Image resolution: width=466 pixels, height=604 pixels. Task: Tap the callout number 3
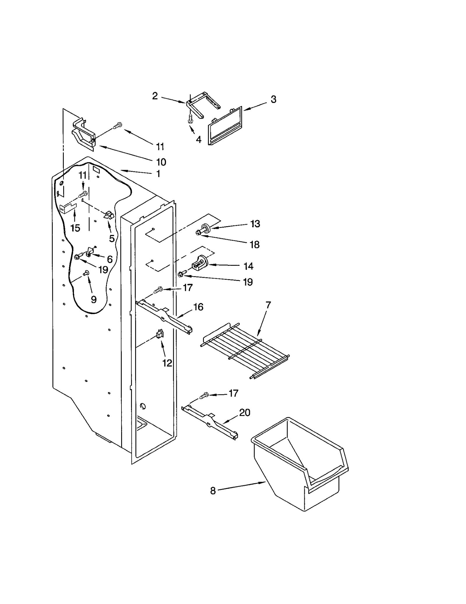pyautogui.click(x=273, y=99)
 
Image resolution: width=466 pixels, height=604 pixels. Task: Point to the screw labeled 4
pyautogui.click(x=191, y=119)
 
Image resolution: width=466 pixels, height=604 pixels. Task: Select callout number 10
pyautogui.click(x=161, y=162)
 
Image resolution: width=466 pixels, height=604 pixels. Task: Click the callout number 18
pyautogui.click(x=255, y=245)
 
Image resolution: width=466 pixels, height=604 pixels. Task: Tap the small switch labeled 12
pyautogui.click(x=160, y=335)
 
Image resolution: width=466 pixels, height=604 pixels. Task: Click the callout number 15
pyautogui.click(x=75, y=228)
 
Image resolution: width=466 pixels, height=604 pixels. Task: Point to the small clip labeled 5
pyautogui.click(x=108, y=216)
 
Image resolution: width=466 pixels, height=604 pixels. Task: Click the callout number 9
pyautogui.click(x=93, y=299)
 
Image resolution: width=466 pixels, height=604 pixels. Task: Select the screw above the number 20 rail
pyautogui.click(x=204, y=395)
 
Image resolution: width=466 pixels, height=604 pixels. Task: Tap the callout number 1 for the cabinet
pyautogui.click(x=158, y=174)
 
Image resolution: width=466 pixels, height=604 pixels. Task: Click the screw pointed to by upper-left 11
pyautogui.click(x=118, y=125)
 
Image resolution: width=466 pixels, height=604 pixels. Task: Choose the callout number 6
pyautogui.click(x=110, y=259)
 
